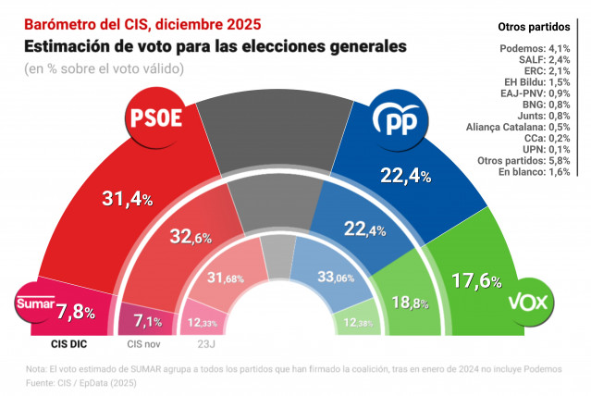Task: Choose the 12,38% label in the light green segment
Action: pos(358,321)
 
